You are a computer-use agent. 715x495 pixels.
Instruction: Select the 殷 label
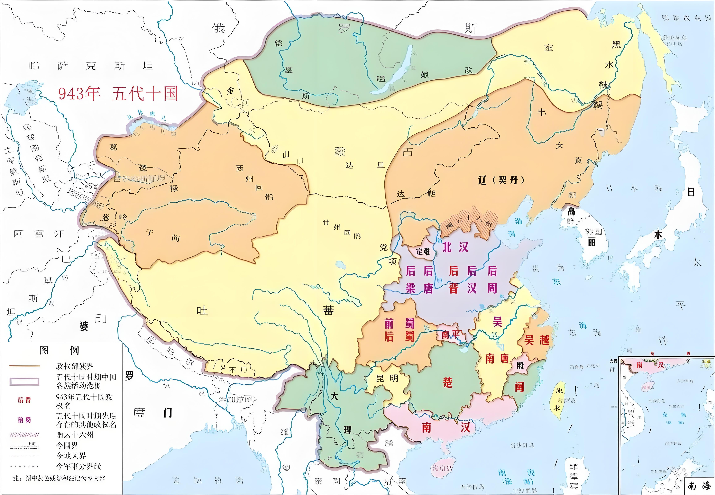(x=520, y=365)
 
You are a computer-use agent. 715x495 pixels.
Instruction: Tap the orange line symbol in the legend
(x=24, y=366)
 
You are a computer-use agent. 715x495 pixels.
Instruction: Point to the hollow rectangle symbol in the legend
(x=24, y=381)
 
